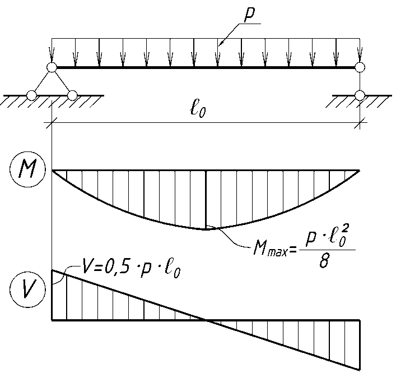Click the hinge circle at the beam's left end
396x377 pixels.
(x=52, y=68)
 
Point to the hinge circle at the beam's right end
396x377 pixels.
(x=360, y=68)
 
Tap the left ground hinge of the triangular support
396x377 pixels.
(x=32, y=95)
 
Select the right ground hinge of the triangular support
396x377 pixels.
(x=72, y=95)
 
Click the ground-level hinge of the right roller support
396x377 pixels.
(x=360, y=95)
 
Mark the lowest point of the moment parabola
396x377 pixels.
(x=206, y=228)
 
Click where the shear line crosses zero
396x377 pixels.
(x=206, y=320)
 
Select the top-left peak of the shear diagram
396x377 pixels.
(x=52, y=270)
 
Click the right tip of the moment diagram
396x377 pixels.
(x=359, y=170)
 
